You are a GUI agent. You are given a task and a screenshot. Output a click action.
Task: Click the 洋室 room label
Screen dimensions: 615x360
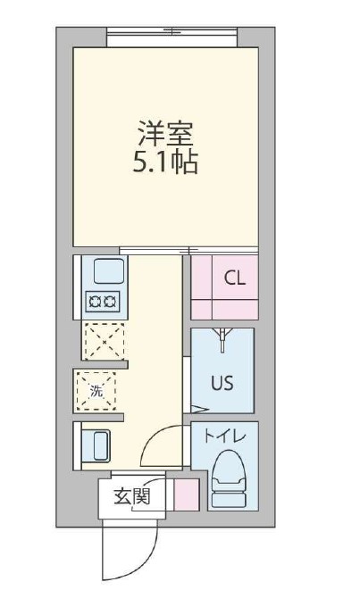[x=165, y=136]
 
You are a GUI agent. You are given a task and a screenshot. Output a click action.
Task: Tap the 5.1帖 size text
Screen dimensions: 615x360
[x=165, y=163]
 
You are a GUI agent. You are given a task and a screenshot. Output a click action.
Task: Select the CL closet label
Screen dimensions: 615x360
[x=234, y=278]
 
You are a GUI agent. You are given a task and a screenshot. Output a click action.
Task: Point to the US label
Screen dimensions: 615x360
[x=222, y=382]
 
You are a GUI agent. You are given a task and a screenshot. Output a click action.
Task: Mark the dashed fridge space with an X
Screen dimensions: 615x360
[x=104, y=340]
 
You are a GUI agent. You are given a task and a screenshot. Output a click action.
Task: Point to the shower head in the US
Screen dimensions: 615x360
[x=222, y=337]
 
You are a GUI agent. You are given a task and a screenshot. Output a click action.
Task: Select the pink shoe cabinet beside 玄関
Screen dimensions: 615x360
[x=186, y=494]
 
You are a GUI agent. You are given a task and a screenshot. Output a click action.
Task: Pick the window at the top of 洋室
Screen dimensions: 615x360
[x=172, y=36]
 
